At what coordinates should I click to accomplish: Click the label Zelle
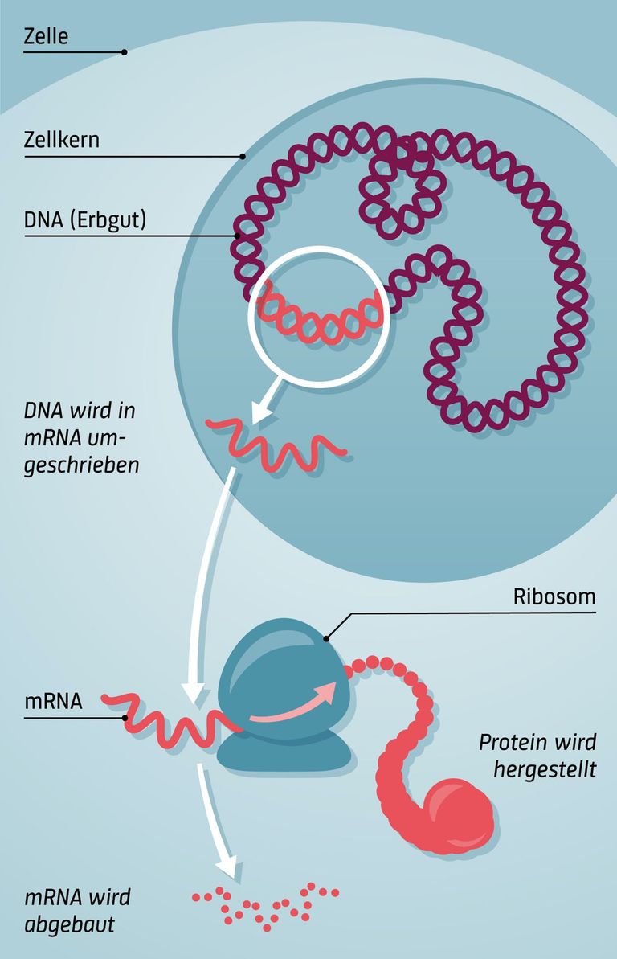(47, 36)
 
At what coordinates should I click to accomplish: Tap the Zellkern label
(62, 140)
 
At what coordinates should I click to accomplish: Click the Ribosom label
(554, 597)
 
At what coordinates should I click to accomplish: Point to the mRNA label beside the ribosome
(53, 700)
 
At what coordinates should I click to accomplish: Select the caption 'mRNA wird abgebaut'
(77, 910)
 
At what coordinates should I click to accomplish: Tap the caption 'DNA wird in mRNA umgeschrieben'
(80, 438)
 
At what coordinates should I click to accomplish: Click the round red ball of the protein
(456, 814)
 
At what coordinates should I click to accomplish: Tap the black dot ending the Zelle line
(124, 52)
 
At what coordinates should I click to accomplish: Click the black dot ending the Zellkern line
(242, 157)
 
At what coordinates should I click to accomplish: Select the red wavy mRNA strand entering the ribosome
(173, 719)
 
